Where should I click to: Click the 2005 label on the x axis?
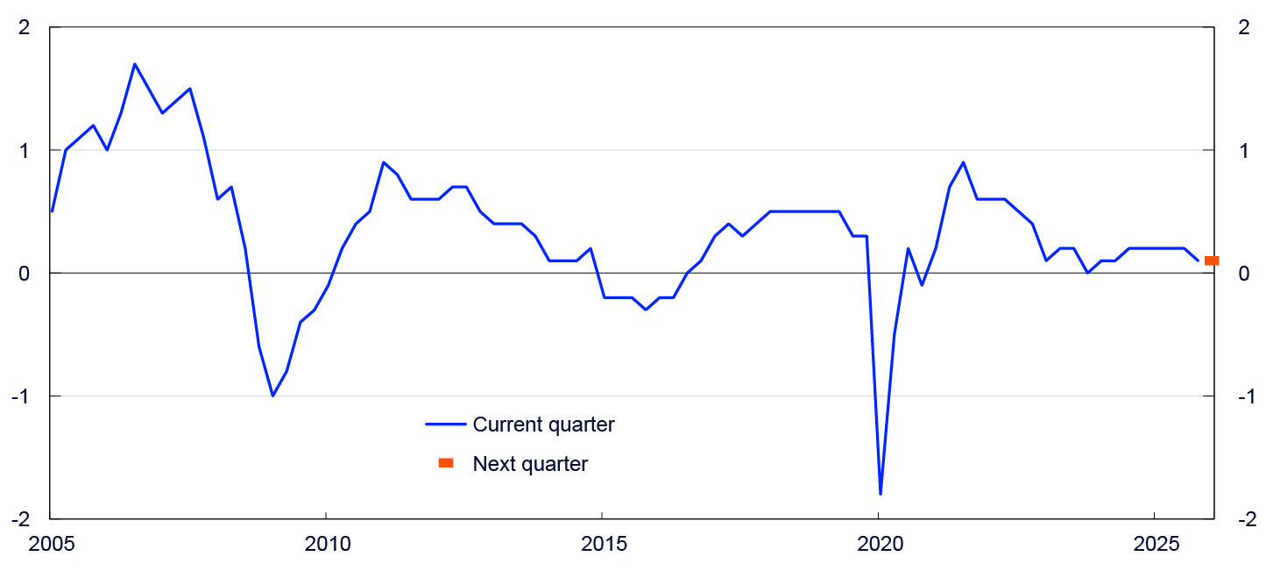(51, 544)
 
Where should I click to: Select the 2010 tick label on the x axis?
(328, 544)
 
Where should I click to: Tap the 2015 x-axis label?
(605, 544)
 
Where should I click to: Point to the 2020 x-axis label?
(881, 544)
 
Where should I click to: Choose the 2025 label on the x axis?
(1157, 544)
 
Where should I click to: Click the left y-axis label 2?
(25, 27)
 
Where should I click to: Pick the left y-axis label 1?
(25, 151)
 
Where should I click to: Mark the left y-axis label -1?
(21, 396)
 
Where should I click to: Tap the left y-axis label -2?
(21, 519)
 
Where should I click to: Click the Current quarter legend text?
(543, 425)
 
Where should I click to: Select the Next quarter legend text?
(530, 464)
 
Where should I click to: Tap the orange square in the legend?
(446, 463)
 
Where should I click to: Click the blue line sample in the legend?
(446, 425)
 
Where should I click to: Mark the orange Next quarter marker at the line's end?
(1212, 260)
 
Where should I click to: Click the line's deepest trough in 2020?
(881, 495)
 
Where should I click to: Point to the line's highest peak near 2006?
(134, 64)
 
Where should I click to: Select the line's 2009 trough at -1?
(272, 396)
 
